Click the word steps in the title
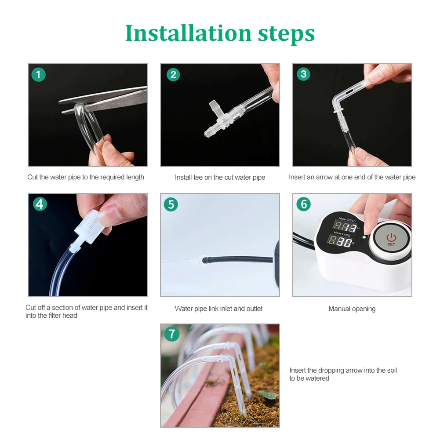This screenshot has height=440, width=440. coord(287,35)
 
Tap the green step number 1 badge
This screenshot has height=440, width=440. coord(38,74)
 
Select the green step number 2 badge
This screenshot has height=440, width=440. coord(173,74)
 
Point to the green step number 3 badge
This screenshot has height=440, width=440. coord(304,74)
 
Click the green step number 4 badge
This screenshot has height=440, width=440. coord(40,204)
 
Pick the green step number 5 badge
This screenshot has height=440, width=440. coord(171,204)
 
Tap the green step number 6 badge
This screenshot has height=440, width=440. coord(304,204)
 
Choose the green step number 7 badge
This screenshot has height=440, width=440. coord(171,334)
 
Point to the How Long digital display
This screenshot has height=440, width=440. coord(340,241)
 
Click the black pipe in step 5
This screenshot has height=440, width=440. coord(237,259)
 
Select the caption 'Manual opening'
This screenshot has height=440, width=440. coord(352,309)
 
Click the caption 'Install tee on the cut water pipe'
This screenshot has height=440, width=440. coord(220,177)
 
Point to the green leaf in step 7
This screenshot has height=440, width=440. coord(268,395)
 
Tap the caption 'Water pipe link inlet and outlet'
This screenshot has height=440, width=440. coord(218,309)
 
